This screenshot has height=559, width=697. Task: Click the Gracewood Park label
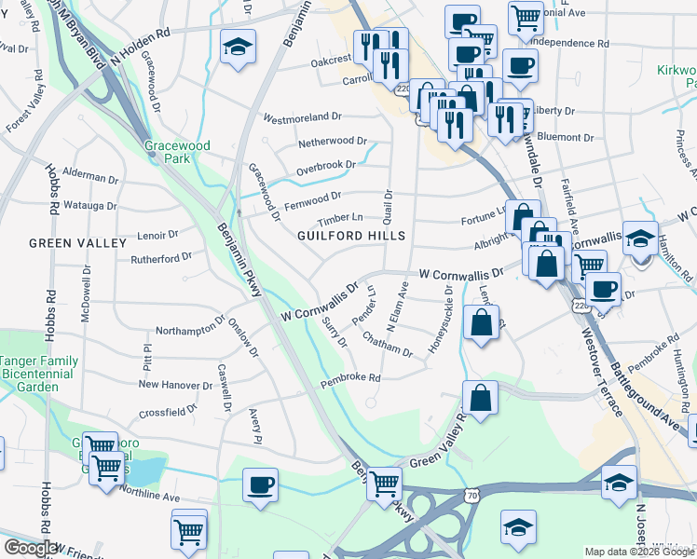click(x=177, y=152)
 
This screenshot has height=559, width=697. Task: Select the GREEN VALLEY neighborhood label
click(x=77, y=243)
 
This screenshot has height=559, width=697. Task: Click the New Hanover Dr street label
click(x=176, y=384)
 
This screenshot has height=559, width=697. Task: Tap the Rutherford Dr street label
click(x=160, y=257)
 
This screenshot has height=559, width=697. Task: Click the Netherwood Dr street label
click(x=333, y=141)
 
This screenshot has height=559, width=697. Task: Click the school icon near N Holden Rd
click(x=238, y=48)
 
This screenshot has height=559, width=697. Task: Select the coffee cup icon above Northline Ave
click(x=260, y=484)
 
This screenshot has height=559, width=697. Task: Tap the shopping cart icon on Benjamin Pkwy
click(x=383, y=484)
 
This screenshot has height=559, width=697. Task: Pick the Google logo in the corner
click(x=30, y=549)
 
